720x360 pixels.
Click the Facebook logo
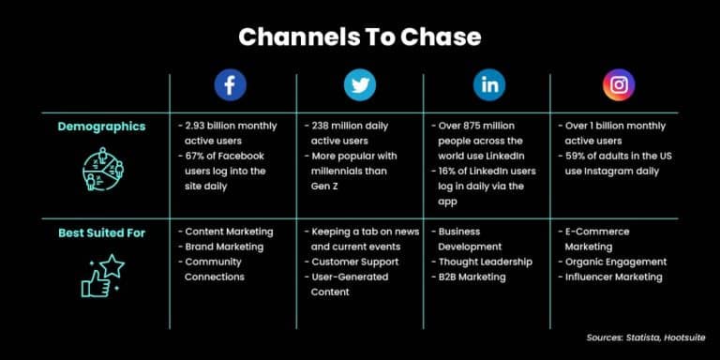230,85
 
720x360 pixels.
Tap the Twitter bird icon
359,85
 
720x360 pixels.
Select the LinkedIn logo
488,85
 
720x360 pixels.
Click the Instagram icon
618,85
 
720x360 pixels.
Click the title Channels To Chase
359,37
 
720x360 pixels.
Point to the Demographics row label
101,127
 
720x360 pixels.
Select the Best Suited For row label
101,232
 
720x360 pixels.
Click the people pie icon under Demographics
101,169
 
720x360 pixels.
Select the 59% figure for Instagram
576,156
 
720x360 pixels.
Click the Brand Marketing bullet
224,247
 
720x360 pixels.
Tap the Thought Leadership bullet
485,262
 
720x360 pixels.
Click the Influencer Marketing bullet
613,277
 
